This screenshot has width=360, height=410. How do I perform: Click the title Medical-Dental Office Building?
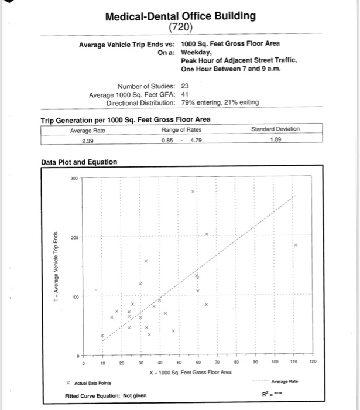click(x=180, y=16)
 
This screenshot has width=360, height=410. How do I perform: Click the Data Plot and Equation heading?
click(x=71, y=162)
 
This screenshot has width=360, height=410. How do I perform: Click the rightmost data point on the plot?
click(x=296, y=245)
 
